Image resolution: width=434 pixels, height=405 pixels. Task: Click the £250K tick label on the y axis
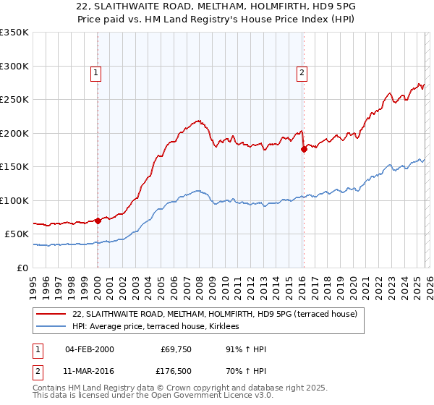pos(14,100)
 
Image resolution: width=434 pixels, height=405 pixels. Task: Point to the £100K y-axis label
pos(14,200)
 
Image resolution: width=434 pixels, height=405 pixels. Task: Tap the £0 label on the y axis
pos(22,268)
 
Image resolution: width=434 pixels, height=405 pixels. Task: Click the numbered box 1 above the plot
pos(96,72)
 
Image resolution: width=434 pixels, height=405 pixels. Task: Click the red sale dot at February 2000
pos(98,221)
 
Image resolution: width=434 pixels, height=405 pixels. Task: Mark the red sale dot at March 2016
pos(303,149)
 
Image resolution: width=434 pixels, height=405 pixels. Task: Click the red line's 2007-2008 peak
pos(197,120)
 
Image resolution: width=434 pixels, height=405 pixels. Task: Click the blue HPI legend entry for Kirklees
pos(160,327)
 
